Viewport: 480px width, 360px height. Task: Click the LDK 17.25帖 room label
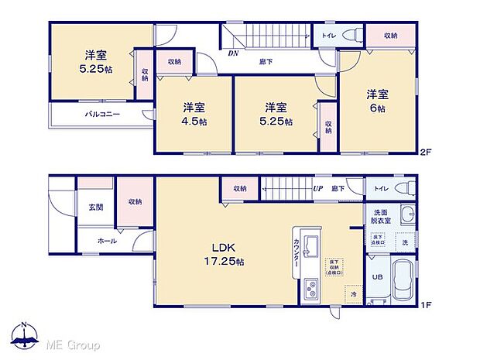(225, 255)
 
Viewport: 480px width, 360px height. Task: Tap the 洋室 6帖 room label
(377, 101)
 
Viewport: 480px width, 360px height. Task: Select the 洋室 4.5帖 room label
(194, 114)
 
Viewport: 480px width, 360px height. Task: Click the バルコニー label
(101, 115)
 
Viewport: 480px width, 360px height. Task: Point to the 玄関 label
(95, 207)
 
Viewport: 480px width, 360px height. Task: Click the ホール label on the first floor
(107, 241)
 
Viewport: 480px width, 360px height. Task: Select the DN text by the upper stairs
(233, 53)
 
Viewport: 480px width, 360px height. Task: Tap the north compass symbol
(25, 334)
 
